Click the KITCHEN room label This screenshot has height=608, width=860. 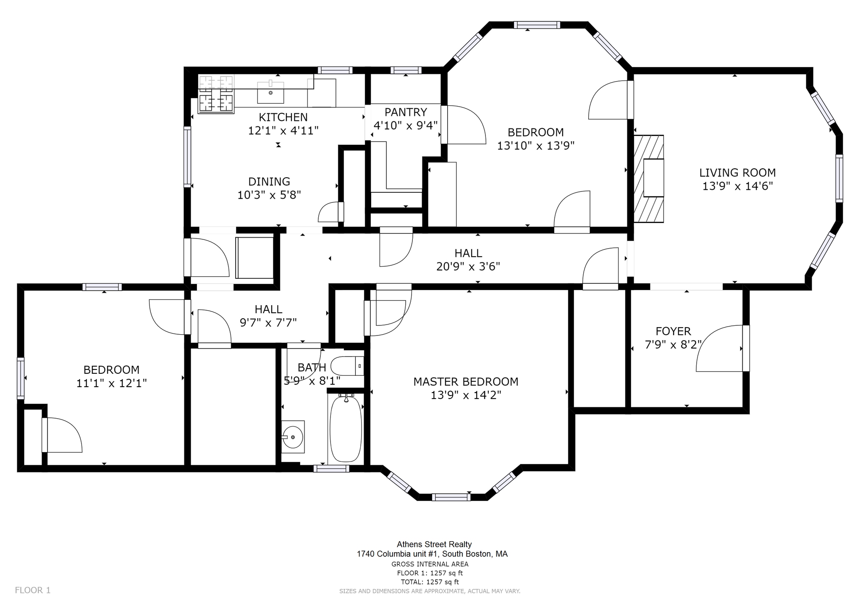pos(283,117)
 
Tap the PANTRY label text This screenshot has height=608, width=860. pos(406,112)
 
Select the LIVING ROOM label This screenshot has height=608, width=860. pos(737,173)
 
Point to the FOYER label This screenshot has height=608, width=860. pos(673,331)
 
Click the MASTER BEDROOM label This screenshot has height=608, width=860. pos(466,382)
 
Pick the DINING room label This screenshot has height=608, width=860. pos(269,181)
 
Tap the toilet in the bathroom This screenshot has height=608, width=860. pos(347,366)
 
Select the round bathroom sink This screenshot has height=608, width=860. pos(292,437)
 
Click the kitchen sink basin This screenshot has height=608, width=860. pos(270,92)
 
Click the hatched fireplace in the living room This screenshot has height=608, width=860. pos(649,178)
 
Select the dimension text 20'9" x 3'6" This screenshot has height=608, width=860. pos(468,267)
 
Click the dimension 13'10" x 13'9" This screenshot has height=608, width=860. pos(536,146)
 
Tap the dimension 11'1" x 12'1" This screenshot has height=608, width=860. pos(111,383)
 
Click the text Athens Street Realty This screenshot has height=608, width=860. pos(434,545)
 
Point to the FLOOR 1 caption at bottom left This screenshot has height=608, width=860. pos(33,590)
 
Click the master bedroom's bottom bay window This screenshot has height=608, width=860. pos(451,497)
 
